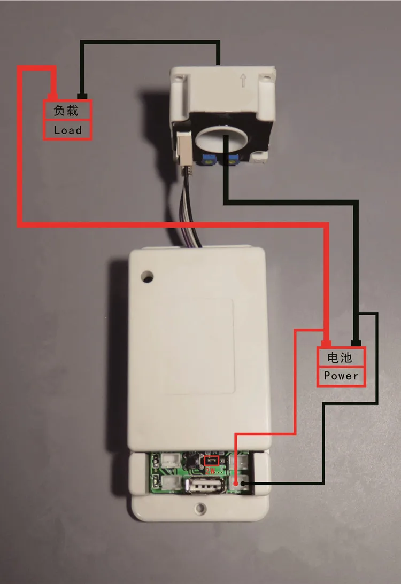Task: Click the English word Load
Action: click(67, 130)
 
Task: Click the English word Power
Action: click(341, 376)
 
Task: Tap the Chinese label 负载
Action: click(66, 111)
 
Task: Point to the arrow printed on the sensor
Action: click(243, 81)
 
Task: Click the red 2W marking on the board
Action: click(212, 471)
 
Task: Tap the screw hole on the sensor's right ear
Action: click(266, 81)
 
